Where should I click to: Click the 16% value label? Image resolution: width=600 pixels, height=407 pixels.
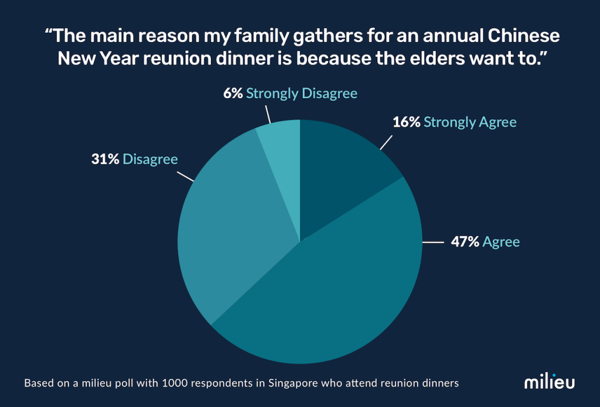[405, 122]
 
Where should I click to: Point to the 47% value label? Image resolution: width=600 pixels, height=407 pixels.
[465, 242]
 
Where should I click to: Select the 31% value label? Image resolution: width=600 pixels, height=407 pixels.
[105, 159]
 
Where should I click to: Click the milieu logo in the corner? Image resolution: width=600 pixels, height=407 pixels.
[549, 382]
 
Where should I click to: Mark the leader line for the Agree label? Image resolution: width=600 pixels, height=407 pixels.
[433, 242]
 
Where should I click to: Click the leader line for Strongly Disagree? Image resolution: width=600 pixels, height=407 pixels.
[267, 114]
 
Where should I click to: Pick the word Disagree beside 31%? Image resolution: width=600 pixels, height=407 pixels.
[150, 159]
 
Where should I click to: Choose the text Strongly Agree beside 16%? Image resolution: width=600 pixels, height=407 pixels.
[470, 122]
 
